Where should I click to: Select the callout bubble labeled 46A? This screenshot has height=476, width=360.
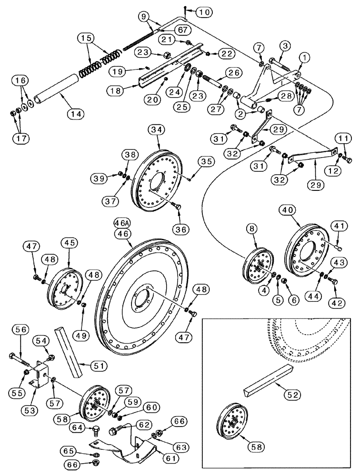[122, 222]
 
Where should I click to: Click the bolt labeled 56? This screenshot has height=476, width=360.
[21, 358]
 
